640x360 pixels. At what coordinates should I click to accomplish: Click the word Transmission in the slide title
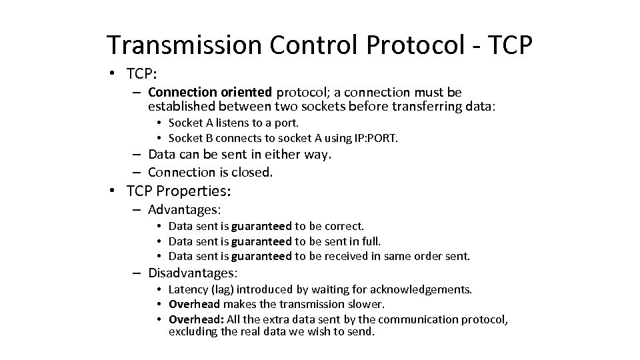tap(184, 45)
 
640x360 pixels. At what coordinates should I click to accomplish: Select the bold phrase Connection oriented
tap(210, 92)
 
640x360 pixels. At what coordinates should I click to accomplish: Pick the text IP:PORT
tap(373, 138)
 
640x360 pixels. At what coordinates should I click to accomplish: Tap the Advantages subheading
tap(184, 210)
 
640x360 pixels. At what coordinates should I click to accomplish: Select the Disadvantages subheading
tap(193, 273)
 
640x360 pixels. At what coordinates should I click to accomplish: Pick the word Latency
tap(189, 289)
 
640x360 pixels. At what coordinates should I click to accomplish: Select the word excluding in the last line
tap(193, 331)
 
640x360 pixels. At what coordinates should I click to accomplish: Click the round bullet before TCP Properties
tap(114, 191)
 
